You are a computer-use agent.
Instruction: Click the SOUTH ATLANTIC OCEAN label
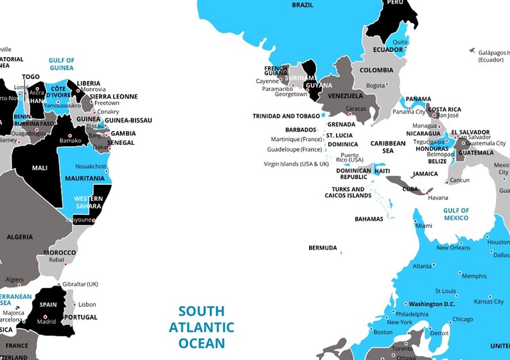click(x=202, y=327)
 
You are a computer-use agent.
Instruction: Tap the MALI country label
click(x=40, y=168)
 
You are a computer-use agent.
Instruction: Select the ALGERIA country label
click(x=20, y=237)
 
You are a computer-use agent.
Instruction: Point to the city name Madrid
click(x=46, y=322)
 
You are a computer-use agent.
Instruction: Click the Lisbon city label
click(x=87, y=305)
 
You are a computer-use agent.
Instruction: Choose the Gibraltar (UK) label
click(x=80, y=284)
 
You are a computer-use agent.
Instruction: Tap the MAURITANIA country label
click(x=85, y=178)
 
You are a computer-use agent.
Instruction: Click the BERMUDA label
click(x=322, y=248)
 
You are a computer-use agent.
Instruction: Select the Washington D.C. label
click(x=432, y=304)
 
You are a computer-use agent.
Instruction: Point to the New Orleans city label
click(x=453, y=248)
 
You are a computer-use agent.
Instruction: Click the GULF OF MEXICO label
click(x=456, y=214)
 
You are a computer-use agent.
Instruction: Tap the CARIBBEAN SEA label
click(x=388, y=147)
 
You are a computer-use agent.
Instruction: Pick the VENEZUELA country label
click(x=346, y=96)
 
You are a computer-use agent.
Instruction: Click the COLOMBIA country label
click(x=376, y=71)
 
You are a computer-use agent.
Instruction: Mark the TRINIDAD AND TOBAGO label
click(x=286, y=116)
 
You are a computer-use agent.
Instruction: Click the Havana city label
click(x=438, y=198)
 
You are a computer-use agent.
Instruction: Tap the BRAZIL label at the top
click(x=303, y=5)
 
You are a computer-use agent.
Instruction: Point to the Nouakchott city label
click(x=91, y=166)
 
